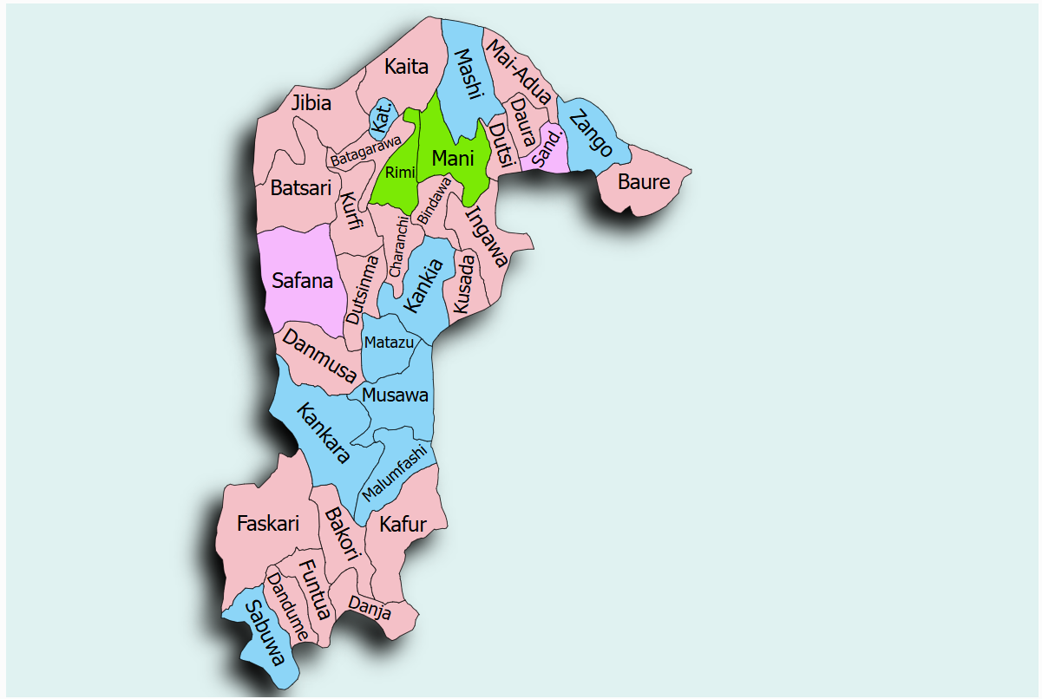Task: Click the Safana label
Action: click(302, 281)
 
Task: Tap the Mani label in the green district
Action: click(453, 159)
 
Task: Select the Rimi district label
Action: click(401, 173)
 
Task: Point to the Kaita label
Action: click(407, 66)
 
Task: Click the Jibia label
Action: click(311, 103)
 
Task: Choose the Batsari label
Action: click(301, 187)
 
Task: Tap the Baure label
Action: click(644, 182)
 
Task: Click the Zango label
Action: click(592, 134)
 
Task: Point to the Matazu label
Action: click(388, 343)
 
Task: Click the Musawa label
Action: click(395, 395)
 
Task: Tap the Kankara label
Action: click(323, 433)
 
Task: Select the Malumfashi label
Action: click(395, 473)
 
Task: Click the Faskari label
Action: click(268, 524)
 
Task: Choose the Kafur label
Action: click(403, 525)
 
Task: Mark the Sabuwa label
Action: click(265, 633)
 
